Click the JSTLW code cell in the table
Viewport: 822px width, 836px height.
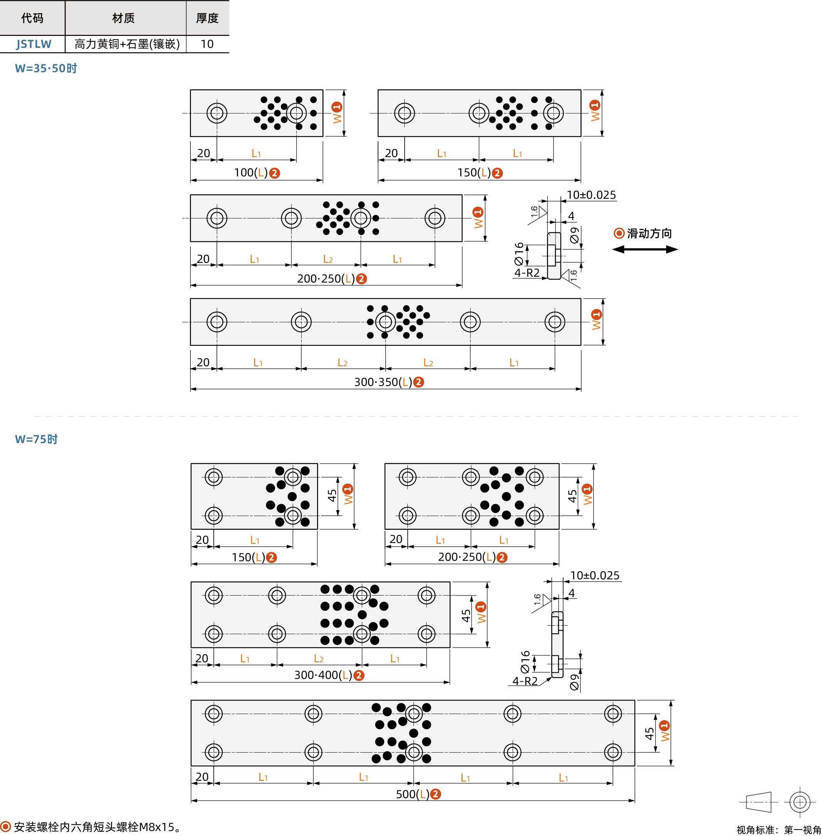pos(33,44)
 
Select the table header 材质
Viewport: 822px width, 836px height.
pos(123,18)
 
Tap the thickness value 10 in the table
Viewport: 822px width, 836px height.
pos(207,44)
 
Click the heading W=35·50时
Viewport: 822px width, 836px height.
pos(46,68)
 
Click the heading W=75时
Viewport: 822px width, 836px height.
pos(36,439)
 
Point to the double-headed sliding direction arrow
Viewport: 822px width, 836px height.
pos(645,249)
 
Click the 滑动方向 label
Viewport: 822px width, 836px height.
pos(649,234)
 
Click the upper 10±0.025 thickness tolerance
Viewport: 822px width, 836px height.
pos(591,195)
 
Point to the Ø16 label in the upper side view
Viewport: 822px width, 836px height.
pos(518,254)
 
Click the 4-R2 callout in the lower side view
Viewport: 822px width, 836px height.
pos(525,681)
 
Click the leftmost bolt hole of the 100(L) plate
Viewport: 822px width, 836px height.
pos(217,113)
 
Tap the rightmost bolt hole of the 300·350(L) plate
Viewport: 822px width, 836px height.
pos(555,322)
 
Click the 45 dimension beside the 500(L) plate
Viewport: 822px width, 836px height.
pos(649,734)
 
